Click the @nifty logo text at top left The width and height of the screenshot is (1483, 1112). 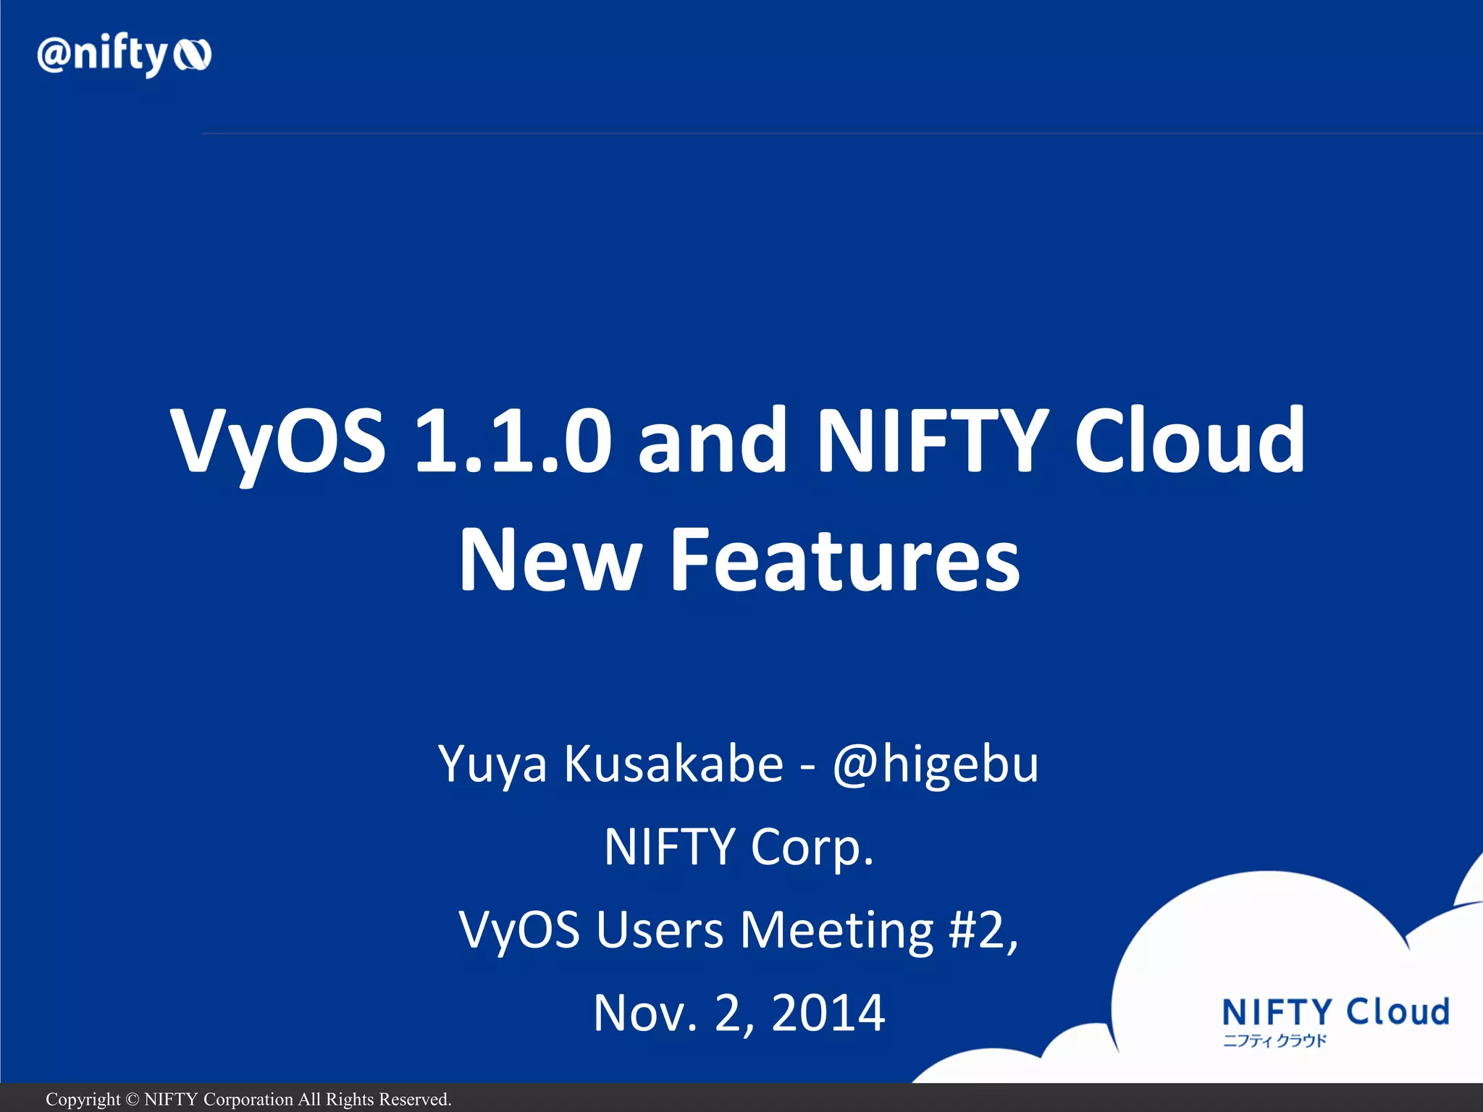pyautogui.click(x=101, y=55)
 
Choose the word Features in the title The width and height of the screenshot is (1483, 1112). pyautogui.click(x=844, y=559)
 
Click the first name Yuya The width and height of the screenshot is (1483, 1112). pyautogui.click(x=492, y=764)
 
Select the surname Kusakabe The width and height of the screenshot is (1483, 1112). pyautogui.click(x=673, y=763)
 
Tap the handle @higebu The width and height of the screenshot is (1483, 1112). pyautogui.click(x=935, y=764)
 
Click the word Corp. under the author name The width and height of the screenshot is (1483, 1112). pyautogui.click(x=812, y=847)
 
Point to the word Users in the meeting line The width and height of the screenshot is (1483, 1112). pyautogui.click(x=659, y=930)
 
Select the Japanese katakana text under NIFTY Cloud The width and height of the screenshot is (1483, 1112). pyautogui.click(x=1274, y=1041)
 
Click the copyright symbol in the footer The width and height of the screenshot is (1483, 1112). pyautogui.click(x=132, y=1100)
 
